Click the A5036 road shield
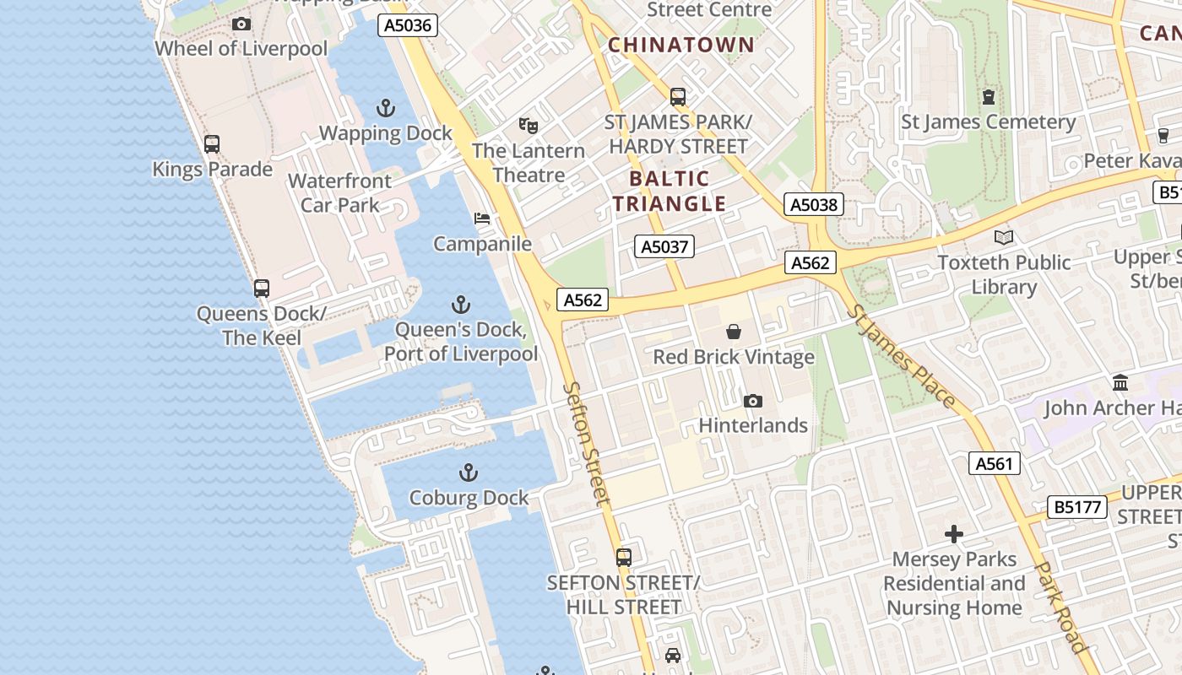pyautogui.click(x=408, y=25)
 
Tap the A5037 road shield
pyautogui.click(x=664, y=246)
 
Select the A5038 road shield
pyautogui.click(x=814, y=204)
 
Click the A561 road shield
pyautogui.click(x=994, y=463)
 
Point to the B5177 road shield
pyautogui.click(x=1076, y=507)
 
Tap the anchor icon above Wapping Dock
pyautogui.click(x=385, y=108)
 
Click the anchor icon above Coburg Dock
pyautogui.click(x=468, y=472)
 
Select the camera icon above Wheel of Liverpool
pyautogui.click(x=241, y=24)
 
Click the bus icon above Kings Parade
pyautogui.click(x=212, y=144)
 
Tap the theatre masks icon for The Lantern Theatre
pyautogui.click(x=529, y=126)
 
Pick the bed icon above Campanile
pyautogui.click(x=482, y=219)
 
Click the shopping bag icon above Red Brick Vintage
pyautogui.click(x=734, y=332)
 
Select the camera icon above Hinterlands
pyautogui.click(x=752, y=401)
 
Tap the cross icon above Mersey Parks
pyautogui.click(x=954, y=534)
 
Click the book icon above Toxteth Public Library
pyautogui.click(x=1003, y=237)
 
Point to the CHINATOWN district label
pyautogui.click(x=681, y=46)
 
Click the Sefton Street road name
pyautogui.click(x=586, y=444)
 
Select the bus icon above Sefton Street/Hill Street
pyautogui.click(x=623, y=557)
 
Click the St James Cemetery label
pyautogui.click(x=989, y=121)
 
